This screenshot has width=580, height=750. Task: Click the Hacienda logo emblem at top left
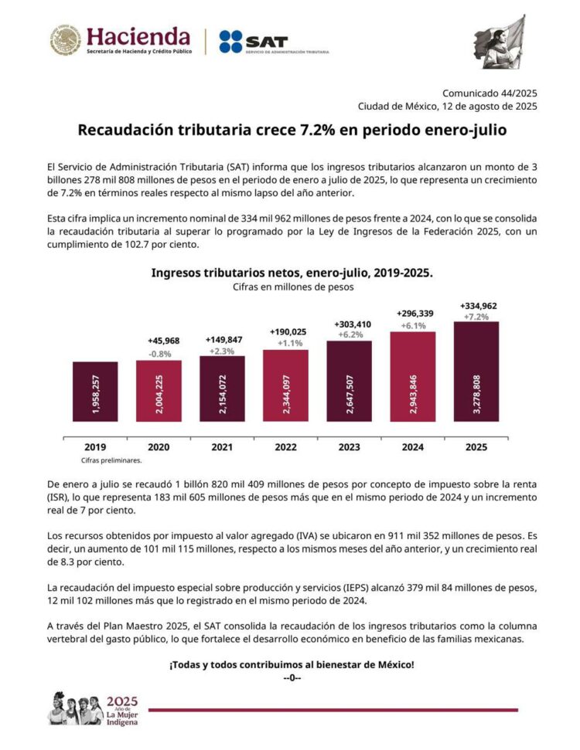coord(66,40)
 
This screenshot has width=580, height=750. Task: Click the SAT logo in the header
coord(273,42)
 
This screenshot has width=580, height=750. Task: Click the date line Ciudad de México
coord(446,106)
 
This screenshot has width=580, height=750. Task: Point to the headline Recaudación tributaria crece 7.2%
coord(292,131)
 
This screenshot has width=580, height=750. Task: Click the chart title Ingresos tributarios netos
coord(292,273)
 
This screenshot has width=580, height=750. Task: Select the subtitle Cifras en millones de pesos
coord(292,287)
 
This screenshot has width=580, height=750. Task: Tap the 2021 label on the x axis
coord(223,446)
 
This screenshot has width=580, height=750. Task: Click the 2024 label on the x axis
coord(412,446)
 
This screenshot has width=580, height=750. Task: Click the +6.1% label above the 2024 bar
coord(414,325)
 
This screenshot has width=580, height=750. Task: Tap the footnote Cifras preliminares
coord(101,459)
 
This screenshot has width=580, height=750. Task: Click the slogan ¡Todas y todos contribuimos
coord(292,664)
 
